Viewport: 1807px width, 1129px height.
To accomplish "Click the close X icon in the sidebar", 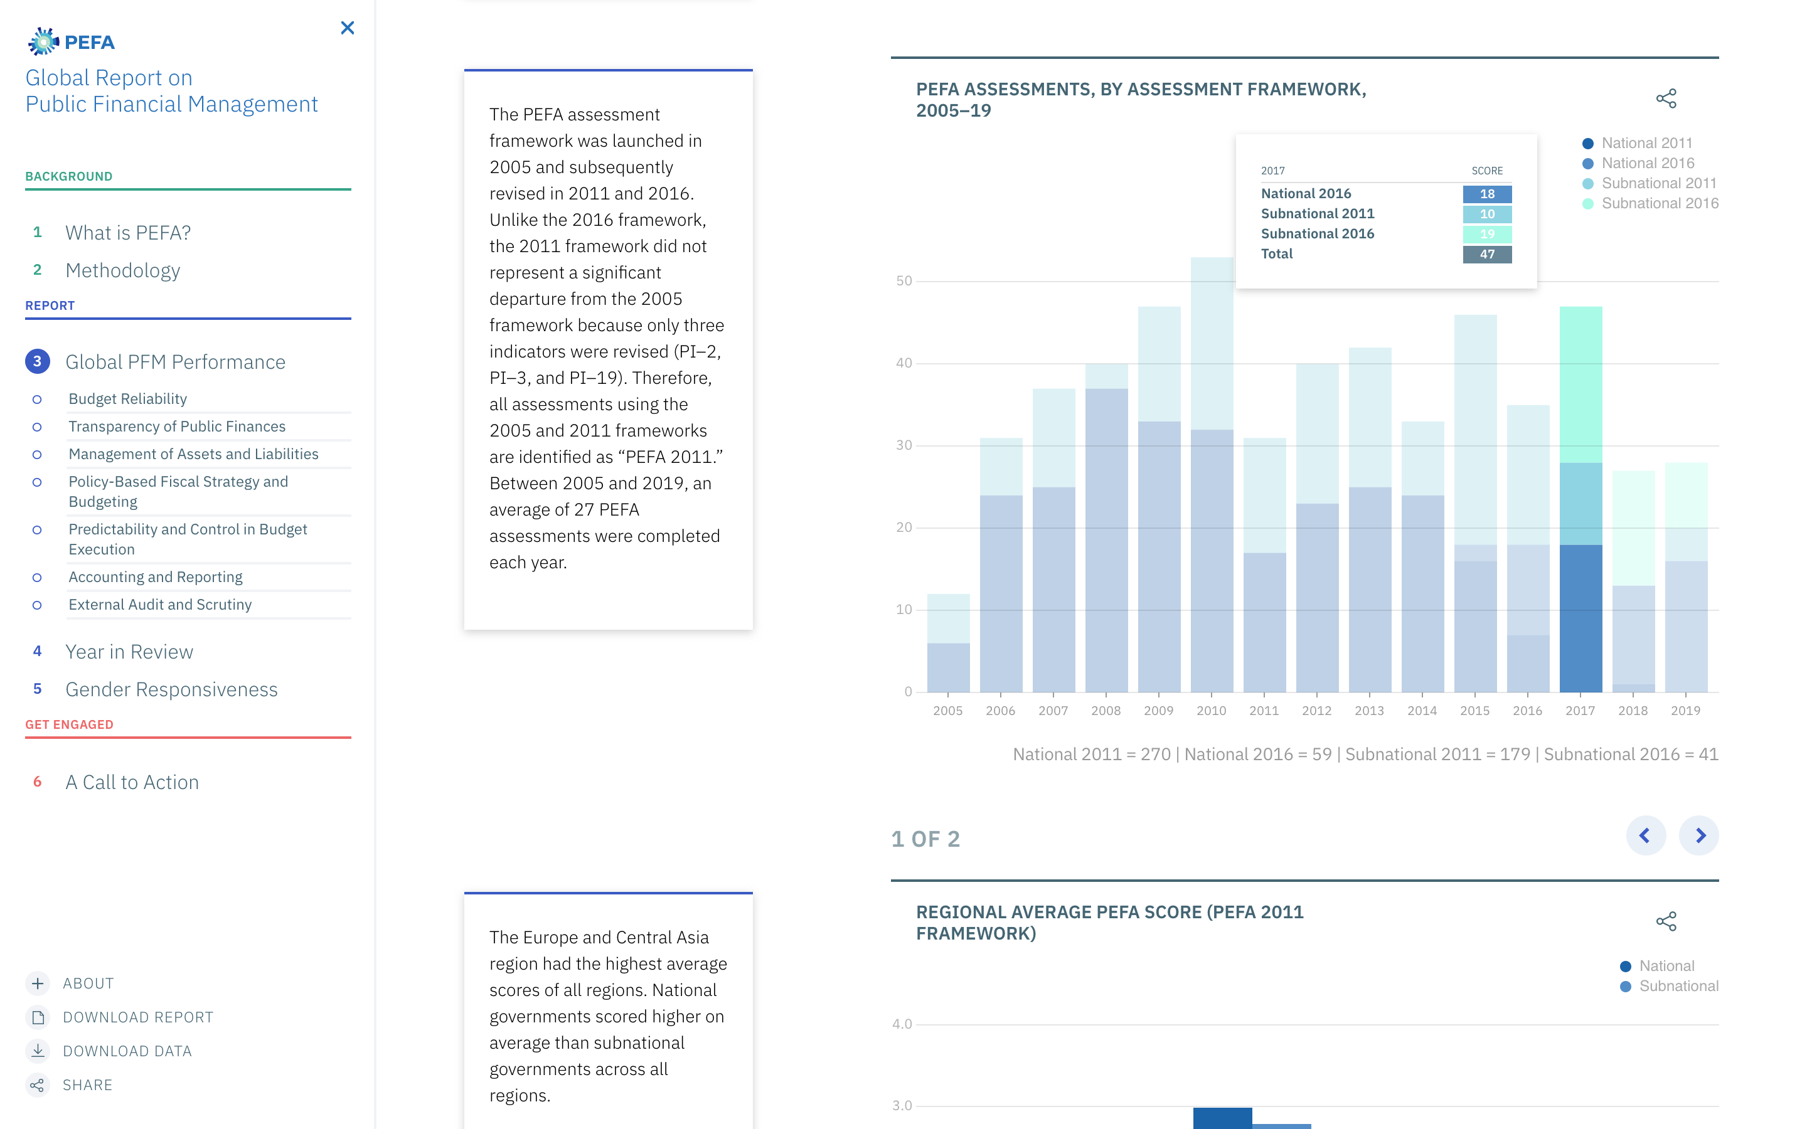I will [x=347, y=28].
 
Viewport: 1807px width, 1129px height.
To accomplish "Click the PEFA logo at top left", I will [x=72, y=42].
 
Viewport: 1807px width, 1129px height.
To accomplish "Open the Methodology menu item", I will [x=122, y=270].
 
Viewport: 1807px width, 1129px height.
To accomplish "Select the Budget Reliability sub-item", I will [x=128, y=399].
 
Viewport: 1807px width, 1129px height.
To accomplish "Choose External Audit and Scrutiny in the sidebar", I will [x=160, y=605].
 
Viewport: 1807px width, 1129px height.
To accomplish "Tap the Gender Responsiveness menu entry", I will [x=171, y=689].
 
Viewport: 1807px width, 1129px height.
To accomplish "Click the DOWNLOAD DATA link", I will [x=127, y=1051].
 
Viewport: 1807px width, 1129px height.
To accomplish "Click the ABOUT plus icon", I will [x=38, y=983].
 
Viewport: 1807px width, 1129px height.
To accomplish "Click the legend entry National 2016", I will [x=1647, y=164].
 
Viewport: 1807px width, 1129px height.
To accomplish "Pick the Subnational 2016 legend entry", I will [x=1659, y=204].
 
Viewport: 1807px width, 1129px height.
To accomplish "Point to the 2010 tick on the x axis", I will [x=1211, y=710].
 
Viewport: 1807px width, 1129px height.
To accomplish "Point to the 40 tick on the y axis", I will [x=904, y=363].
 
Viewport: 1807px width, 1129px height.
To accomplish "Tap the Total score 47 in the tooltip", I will [x=1486, y=255].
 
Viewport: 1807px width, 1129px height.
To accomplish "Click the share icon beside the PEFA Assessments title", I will [x=1666, y=98].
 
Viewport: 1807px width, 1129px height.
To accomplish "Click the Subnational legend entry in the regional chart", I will [x=1678, y=987].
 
